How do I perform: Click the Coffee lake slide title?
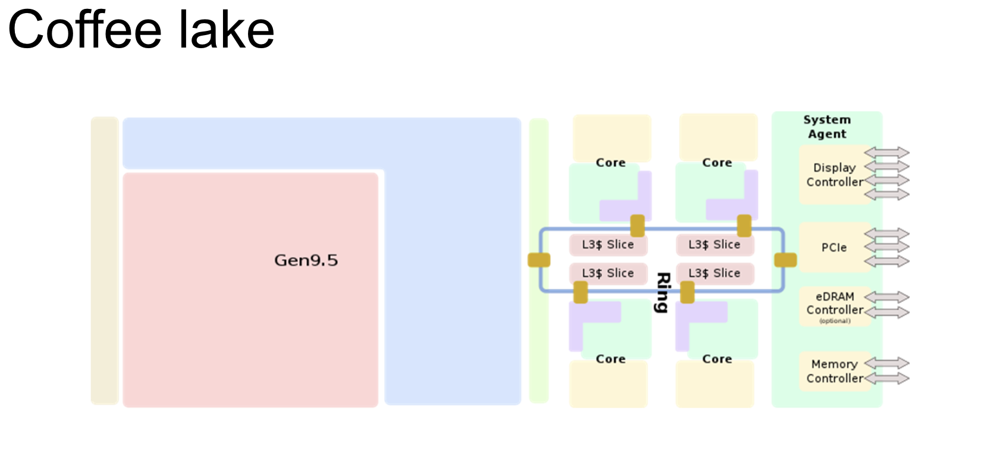(141, 30)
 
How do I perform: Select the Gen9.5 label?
(306, 260)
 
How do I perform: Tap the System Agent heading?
(827, 127)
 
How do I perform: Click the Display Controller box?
(834, 175)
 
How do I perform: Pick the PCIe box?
(834, 247)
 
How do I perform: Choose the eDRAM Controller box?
(834, 304)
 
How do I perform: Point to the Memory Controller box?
(834, 371)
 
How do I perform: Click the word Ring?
(662, 292)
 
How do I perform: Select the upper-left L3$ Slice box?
(608, 244)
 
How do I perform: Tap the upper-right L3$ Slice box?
(714, 244)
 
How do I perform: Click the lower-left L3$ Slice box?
(608, 273)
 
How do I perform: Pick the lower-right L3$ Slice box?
(714, 273)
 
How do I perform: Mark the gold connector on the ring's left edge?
(539, 260)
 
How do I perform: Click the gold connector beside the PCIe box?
(785, 260)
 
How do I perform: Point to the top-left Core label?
(611, 162)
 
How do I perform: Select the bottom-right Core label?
(717, 359)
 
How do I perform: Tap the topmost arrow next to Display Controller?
(887, 153)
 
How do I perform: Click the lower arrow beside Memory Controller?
(887, 378)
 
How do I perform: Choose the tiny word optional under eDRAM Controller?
(835, 321)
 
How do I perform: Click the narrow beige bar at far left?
(105, 260)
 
